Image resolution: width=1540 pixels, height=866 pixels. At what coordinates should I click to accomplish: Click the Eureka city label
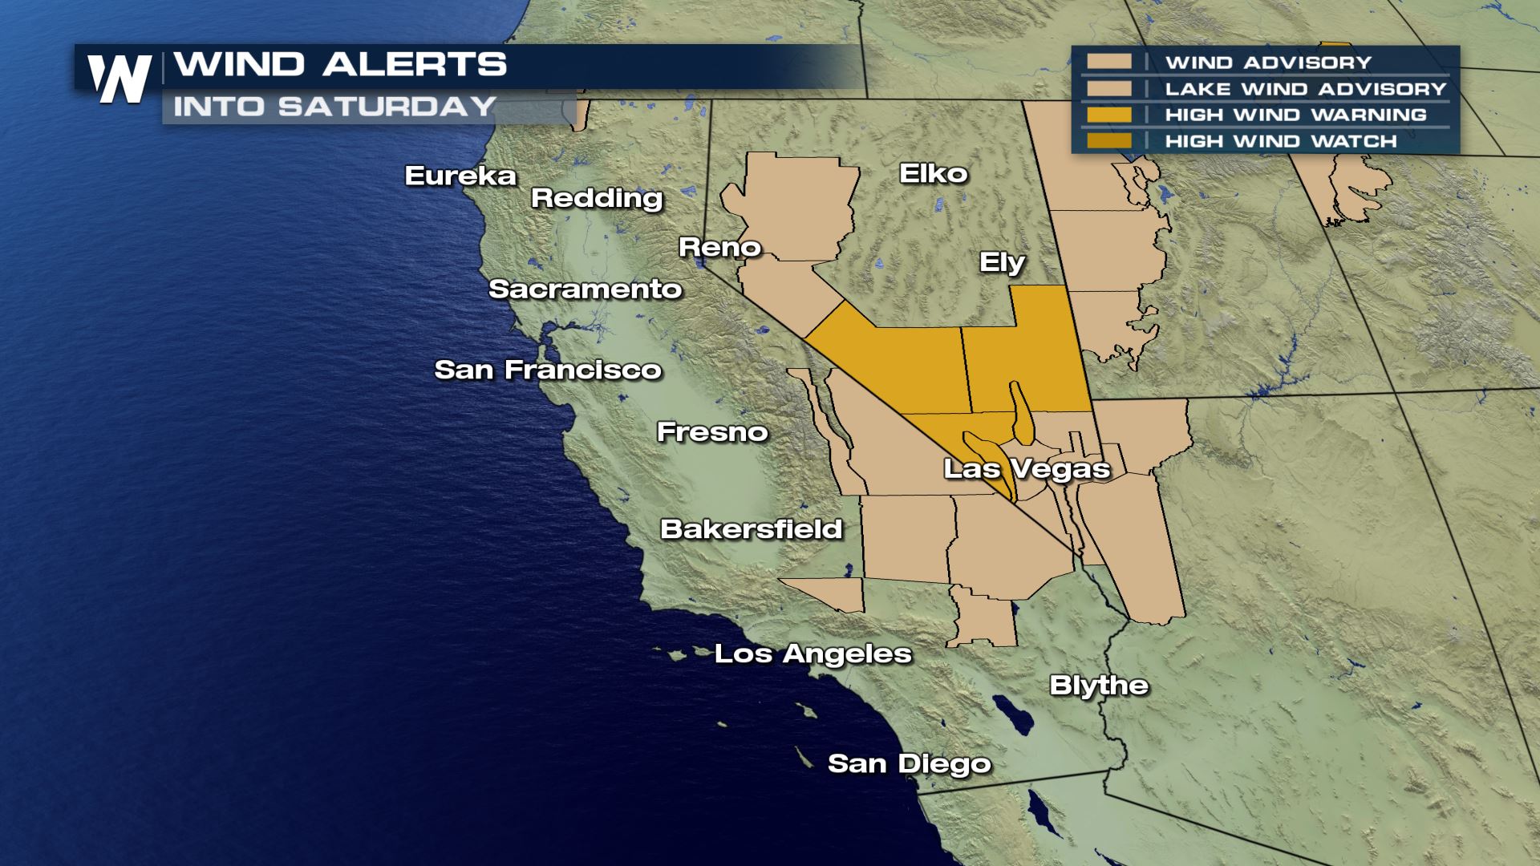coord(460,176)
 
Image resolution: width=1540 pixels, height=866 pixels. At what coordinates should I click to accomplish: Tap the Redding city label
coord(597,198)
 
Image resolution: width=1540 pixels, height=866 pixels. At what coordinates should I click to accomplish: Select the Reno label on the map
coord(719,247)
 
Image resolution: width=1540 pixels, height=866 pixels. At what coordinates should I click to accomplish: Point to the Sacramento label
coord(585,289)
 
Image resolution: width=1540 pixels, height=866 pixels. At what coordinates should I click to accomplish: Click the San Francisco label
coord(548,370)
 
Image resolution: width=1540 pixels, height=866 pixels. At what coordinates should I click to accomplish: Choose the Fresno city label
coord(712,432)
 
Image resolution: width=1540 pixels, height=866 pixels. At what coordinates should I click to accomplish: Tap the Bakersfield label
coord(751,529)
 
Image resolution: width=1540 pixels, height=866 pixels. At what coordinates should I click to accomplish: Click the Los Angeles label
coord(813,654)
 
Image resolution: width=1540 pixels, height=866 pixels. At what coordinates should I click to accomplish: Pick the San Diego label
coord(909,763)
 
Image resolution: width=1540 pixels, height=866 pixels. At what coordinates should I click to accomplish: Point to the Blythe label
coord(1099,686)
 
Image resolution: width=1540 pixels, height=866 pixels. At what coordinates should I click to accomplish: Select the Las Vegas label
coord(1026,468)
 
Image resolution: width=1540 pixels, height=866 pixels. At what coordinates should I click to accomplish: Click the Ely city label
coord(1002,262)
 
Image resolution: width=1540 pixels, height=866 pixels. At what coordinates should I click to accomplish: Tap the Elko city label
coord(933,173)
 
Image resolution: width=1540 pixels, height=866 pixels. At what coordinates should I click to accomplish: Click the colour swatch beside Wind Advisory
coord(1108,62)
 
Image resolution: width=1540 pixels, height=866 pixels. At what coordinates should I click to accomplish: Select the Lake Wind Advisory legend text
coord(1305,88)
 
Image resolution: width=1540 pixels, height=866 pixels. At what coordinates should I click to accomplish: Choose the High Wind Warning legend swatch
coord(1108,115)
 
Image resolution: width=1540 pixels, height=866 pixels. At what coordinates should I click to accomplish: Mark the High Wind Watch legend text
coord(1280,141)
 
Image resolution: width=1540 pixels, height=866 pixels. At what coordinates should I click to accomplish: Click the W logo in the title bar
coord(120,79)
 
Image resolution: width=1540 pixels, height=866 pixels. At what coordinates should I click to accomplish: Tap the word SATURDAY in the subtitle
coord(387,107)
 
